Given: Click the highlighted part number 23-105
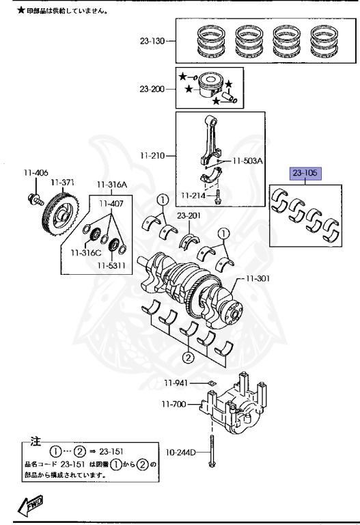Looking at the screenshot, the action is pos(305,173).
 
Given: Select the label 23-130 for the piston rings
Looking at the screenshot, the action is pos(152,41).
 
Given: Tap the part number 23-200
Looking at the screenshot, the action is pos(152,89).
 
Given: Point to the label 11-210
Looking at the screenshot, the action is pos(152,156).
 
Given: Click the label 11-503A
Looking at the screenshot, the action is pos(247,161).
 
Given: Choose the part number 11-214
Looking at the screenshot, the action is pos(193,196).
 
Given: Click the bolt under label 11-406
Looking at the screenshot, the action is pos(35,199).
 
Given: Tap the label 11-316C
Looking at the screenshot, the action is pos(85,253).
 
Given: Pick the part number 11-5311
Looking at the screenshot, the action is pos(111,265).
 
